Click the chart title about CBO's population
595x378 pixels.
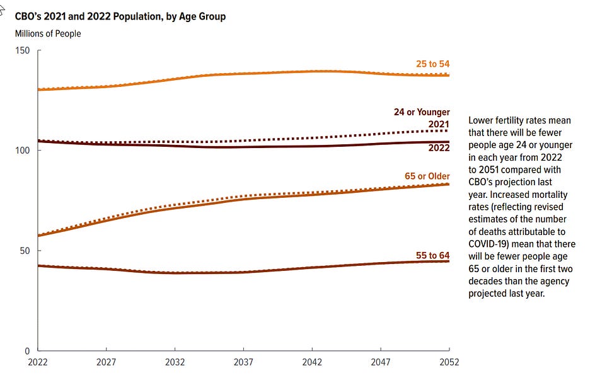click(x=120, y=16)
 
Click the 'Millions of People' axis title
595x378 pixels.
click(x=48, y=33)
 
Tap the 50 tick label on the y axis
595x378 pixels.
click(x=25, y=251)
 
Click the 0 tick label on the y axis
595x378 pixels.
click(x=28, y=351)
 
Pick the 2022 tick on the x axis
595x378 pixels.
click(x=38, y=362)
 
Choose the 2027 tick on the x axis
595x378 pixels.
click(x=107, y=362)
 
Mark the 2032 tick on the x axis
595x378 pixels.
click(x=175, y=362)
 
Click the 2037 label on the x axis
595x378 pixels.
click(x=243, y=362)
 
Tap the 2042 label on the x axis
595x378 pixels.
click(x=312, y=362)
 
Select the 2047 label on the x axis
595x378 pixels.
click(x=381, y=362)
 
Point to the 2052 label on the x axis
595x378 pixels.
click(x=449, y=362)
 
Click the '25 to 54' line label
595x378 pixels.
click(x=432, y=64)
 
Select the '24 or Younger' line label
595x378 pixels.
click(x=422, y=112)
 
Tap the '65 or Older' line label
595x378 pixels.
click(x=427, y=176)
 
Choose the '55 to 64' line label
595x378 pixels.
click(x=432, y=255)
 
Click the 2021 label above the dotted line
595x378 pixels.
click(x=439, y=124)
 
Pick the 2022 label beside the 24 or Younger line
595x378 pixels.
click(x=439, y=148)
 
